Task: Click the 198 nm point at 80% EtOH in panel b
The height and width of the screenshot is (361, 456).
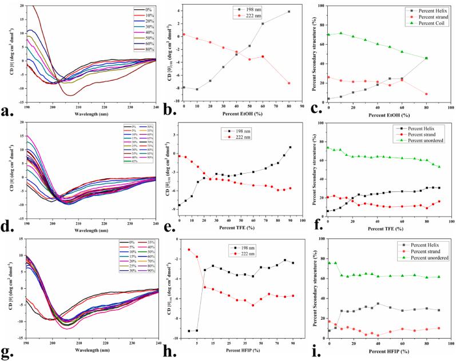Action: [x=289, y=11]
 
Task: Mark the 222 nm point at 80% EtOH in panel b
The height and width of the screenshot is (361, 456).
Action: [x=289, y=83]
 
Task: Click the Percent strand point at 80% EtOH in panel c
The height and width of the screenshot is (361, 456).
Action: [x=426, y=94]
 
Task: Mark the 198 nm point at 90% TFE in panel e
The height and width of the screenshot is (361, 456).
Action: [x=290, y=147]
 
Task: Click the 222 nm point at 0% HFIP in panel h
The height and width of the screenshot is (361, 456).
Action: [x=189, y=249]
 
